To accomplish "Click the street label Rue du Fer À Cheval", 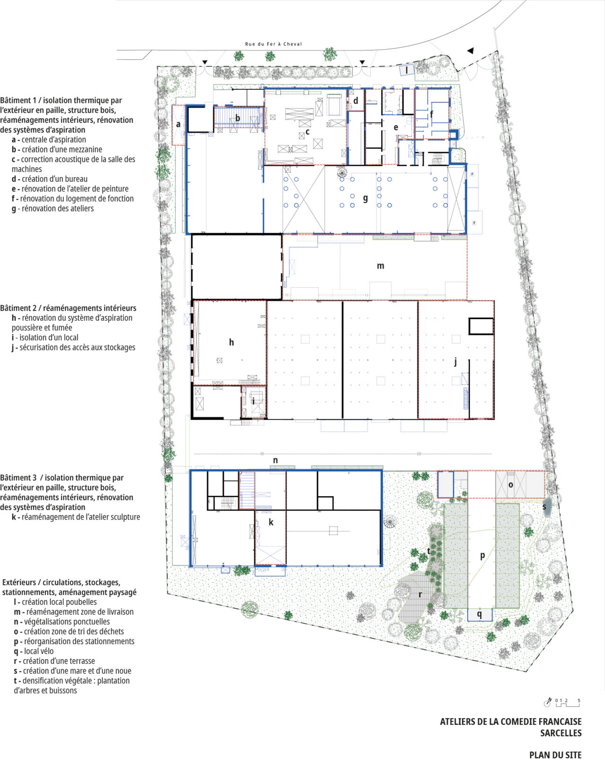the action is click(273, 44).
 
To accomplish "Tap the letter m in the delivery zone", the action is click(380, 266).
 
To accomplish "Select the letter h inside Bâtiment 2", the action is click(231, 342).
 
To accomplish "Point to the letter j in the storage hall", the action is click(456, 362).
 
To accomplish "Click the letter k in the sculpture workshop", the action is click(271, 522).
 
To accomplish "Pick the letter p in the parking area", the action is click(483, 555).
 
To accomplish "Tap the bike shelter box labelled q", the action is click(480, 614).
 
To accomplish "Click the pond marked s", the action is click(547, 507).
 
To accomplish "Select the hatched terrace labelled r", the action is click(416, 594).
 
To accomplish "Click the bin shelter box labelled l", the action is click(407, 70).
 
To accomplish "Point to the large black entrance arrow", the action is click(470, 51).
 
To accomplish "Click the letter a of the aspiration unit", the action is click(178, 124).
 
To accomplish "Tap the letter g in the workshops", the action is click(365, 198).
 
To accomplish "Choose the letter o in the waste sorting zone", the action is click(510, 485).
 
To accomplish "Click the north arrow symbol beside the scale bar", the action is click(548, 703).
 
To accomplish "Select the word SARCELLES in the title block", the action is click(561, 733).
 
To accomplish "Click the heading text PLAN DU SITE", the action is click(555, 755).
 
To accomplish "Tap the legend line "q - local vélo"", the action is click(34, 651).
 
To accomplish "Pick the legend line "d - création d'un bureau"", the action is click(50, 179).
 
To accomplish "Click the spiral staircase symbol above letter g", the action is click(342, 173).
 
